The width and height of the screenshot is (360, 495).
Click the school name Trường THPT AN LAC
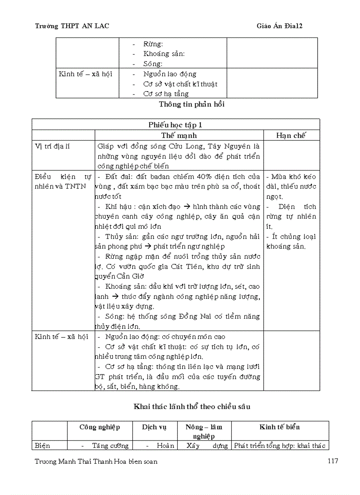coord(72,26)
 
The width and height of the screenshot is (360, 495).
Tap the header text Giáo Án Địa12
coord(279,26)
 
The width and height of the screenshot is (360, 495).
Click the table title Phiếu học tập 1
coord(176,125)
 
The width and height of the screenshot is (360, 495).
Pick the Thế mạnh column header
coord(179,135)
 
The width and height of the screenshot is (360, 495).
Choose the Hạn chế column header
coord(291,135)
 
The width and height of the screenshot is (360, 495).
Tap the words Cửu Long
coord(178,146)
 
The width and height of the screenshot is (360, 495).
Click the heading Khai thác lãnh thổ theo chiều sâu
coord(191,406)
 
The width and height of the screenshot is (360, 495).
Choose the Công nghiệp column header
coord(100,427)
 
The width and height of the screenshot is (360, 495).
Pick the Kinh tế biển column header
coord(280,427)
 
